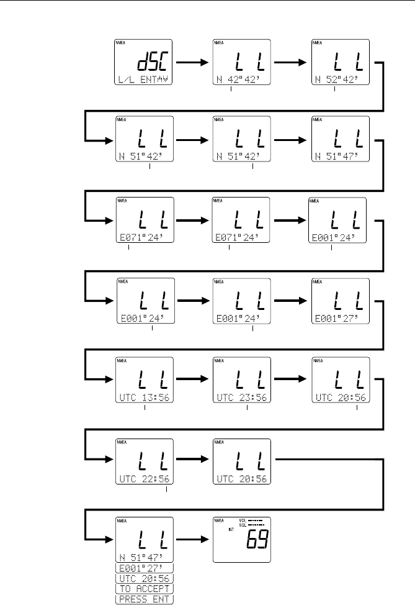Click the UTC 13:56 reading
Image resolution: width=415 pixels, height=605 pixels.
[144, 398]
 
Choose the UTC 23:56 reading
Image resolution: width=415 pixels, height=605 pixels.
[241, 398]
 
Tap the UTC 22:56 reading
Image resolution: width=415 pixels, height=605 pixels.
[144, 480]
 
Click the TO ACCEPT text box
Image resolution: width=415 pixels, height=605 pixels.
[144, 588]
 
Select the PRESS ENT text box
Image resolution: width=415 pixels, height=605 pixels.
[144, 599]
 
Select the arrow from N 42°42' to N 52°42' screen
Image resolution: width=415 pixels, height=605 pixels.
[289, 63]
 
